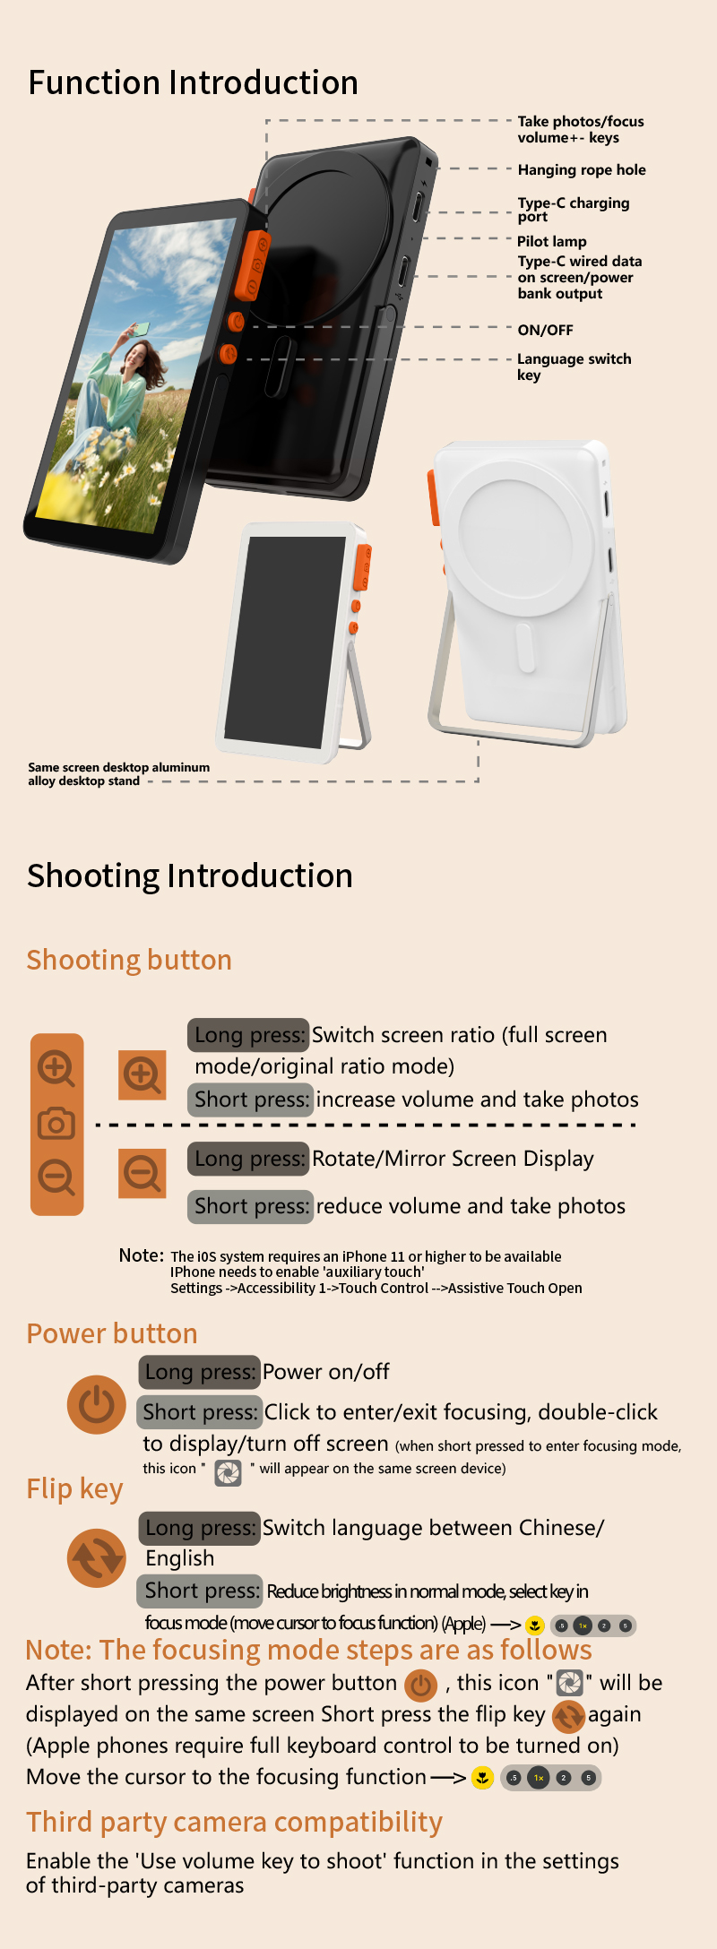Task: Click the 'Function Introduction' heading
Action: (x=194, y=82)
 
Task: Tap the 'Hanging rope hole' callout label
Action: (x=582, y=169)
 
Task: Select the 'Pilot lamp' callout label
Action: (x=552, y=241)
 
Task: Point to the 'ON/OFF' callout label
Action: (x=545, y=330)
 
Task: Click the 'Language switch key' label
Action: (x=574, y=367)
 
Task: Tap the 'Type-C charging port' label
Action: (x=574, y=209)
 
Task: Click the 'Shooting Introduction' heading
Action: (x=190, y=875)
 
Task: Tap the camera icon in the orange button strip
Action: (x=56, y=1123)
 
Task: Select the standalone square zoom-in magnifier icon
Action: (x=143, y=1074)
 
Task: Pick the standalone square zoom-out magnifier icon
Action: (x=143, y=1173)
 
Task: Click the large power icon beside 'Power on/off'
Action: (x=97, y=1404)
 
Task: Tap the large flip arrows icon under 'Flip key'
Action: (x=97, y=1557)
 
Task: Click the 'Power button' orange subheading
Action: (x=112, y=1333)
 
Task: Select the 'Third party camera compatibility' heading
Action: (x=235, y=1822)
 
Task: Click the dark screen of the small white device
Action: (x=285, y=642)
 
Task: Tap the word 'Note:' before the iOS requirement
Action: (x=142, y=1255)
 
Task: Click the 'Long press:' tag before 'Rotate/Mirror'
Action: (x=249, y=1159)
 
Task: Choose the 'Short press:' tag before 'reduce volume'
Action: (x=251, y=1206)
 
